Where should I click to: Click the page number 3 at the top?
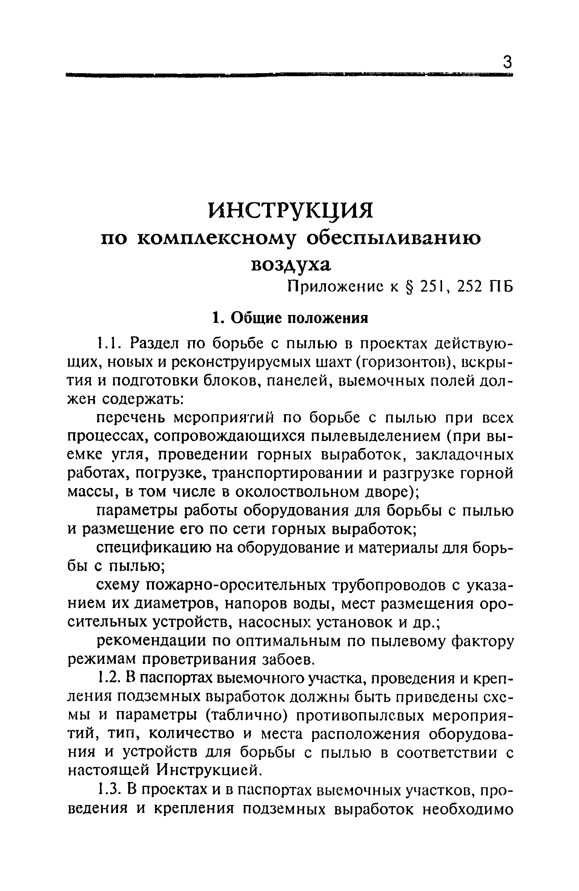(x=508, y=61)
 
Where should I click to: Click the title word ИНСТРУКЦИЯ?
(x=290, y=210)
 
